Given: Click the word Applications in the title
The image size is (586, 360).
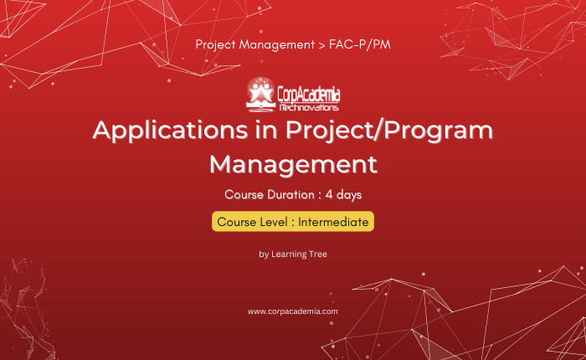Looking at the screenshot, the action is pos(170,131).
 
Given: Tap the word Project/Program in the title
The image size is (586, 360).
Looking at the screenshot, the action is pos(389,131).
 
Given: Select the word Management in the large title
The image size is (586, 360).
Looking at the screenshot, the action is pos(293,164).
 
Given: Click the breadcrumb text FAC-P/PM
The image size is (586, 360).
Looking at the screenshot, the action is pos(359,44).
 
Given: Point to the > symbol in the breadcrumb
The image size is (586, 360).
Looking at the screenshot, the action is pos(321,45).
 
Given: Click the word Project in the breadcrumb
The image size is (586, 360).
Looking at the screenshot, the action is pos(216,45).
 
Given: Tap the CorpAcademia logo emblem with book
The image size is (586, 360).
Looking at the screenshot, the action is pos(260,95).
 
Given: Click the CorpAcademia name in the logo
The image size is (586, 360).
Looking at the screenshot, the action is pos(309,95).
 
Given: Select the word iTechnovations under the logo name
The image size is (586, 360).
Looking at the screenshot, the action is pos(309,108).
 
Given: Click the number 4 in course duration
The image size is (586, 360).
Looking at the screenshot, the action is pos(329,194).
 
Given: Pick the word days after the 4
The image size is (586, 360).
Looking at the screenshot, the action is pos(349,195).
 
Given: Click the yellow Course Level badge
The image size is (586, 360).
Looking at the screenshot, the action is pos(293,221).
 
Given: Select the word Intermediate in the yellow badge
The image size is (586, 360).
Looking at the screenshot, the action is pos(333,222).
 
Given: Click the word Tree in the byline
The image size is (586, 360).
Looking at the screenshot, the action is pos(318,255).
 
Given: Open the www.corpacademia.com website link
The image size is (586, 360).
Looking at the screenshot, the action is pos(293,311).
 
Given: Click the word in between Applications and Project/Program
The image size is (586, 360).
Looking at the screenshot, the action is pos(266,130).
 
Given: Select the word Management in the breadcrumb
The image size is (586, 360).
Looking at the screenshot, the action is pos(277,45).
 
